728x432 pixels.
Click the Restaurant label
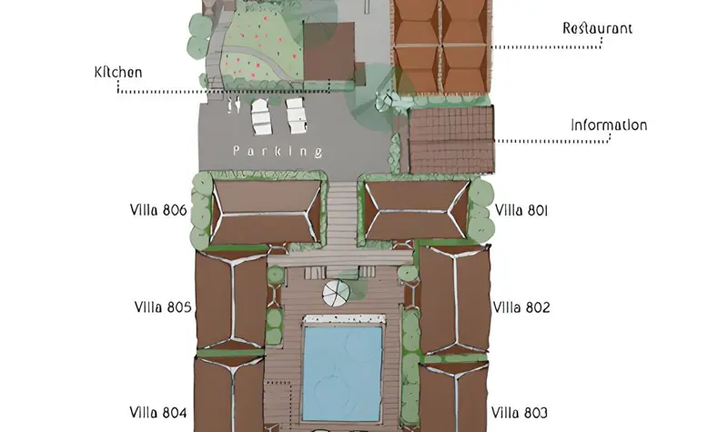coord(597,28)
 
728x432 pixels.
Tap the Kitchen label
coord(118,73)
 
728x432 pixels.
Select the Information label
coord(609,126)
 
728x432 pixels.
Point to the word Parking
coord(278,151)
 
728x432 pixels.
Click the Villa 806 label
coord(158,210)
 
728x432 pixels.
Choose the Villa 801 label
coord(521,211)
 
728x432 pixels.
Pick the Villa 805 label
coord(163,307)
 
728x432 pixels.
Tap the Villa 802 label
coord(521,307)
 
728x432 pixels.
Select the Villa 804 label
coord(157,413)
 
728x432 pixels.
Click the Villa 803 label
coord(520,413)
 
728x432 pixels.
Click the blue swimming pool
coord(343,373)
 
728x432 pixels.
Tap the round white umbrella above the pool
coord(336,293)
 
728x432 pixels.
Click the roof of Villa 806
coord(266,212)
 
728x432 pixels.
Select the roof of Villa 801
coord(417,210)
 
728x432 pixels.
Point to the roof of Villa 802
coord(455,300)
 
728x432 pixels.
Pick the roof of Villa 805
coord(231,299)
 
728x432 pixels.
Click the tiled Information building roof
coord(451,139)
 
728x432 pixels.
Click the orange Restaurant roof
coord(441,46)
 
